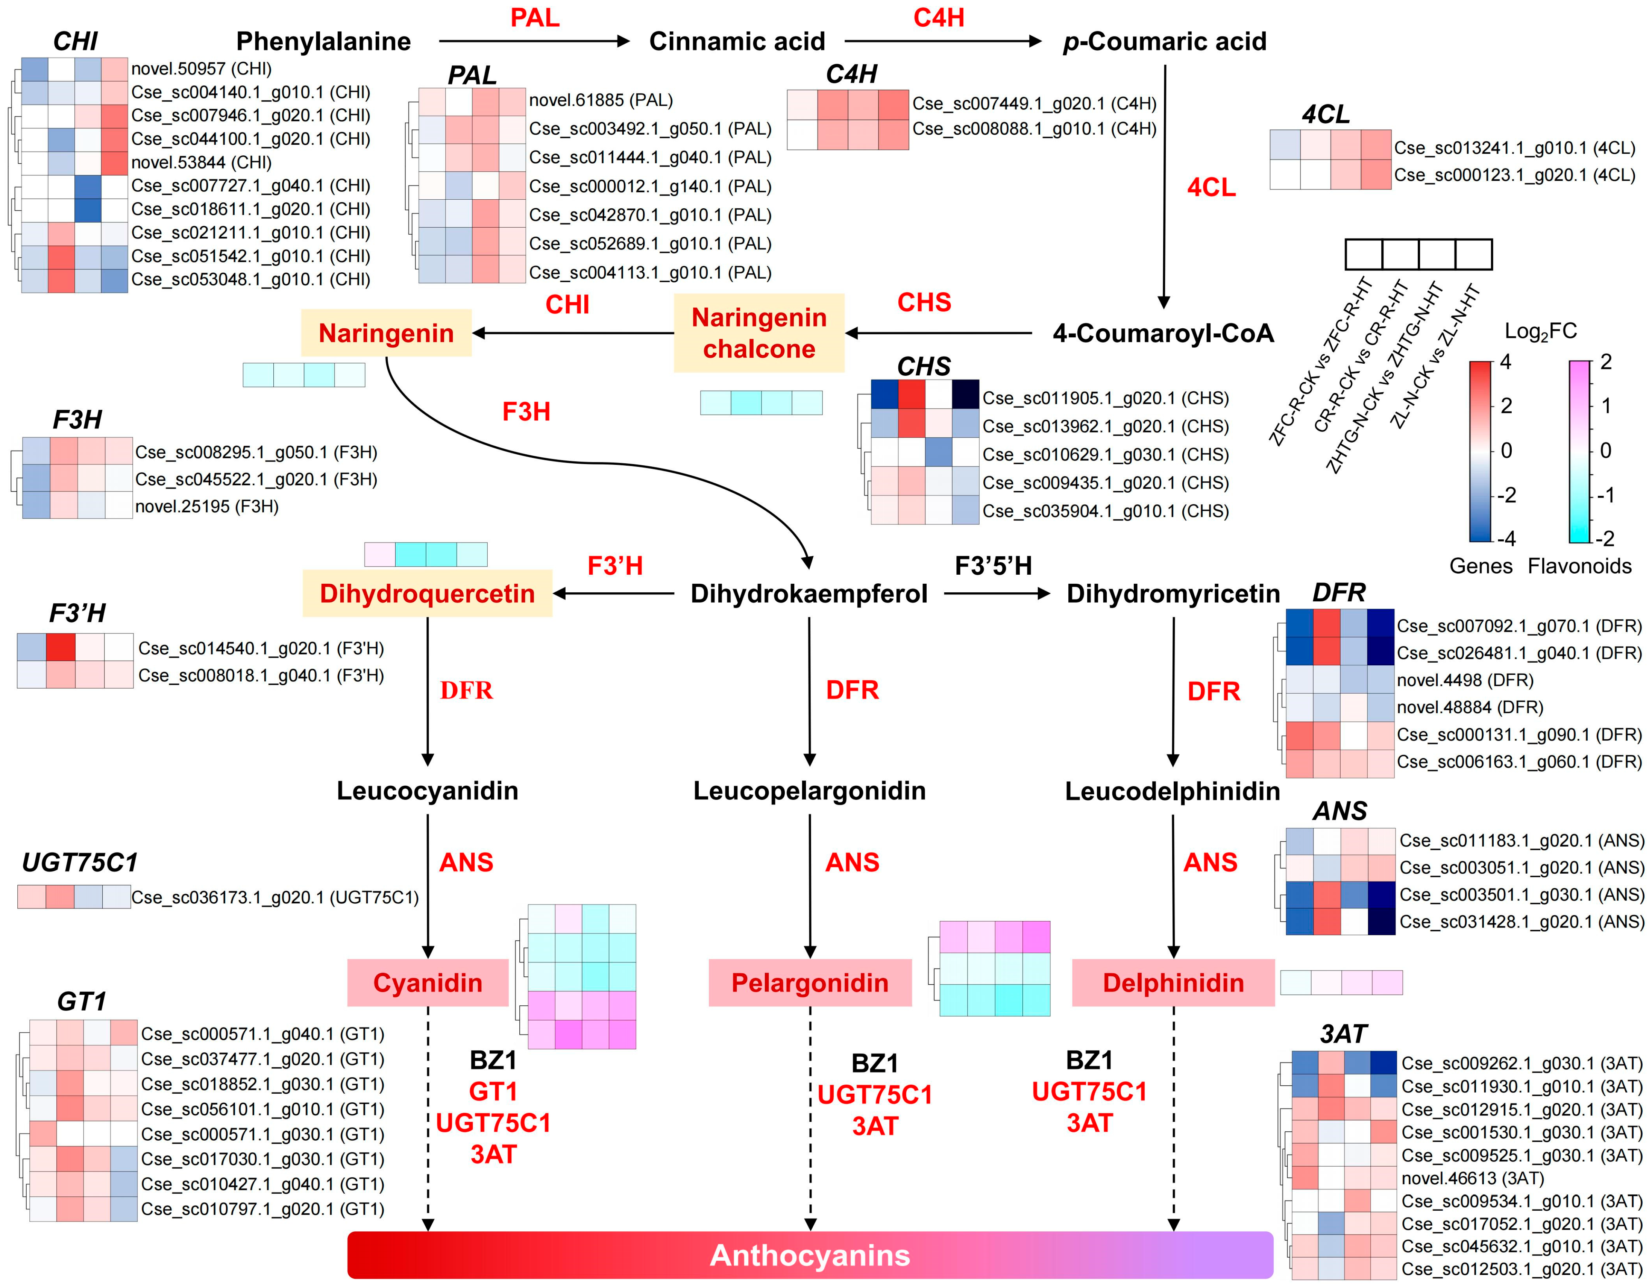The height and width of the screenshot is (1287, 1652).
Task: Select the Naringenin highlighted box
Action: (x=386, y=333)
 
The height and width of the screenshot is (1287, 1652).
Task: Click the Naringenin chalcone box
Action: (x=758, y=333)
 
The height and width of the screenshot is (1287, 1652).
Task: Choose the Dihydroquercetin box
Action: (x=427, y=593)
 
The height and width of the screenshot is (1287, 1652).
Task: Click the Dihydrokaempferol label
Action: (x=809, y=593)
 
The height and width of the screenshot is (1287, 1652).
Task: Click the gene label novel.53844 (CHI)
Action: (x=201, y=162)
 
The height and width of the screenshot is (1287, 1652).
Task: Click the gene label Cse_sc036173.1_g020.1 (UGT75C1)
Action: (x=275, y=897)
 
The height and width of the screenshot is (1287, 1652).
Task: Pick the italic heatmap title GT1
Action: (x=82, y=1001)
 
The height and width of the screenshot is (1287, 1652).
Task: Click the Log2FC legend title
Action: (x=1540, y=331)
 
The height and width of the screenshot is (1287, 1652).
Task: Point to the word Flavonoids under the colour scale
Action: (x=1579, y=566)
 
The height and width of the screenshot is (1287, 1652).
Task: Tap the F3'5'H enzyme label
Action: (x=993, y=565)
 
